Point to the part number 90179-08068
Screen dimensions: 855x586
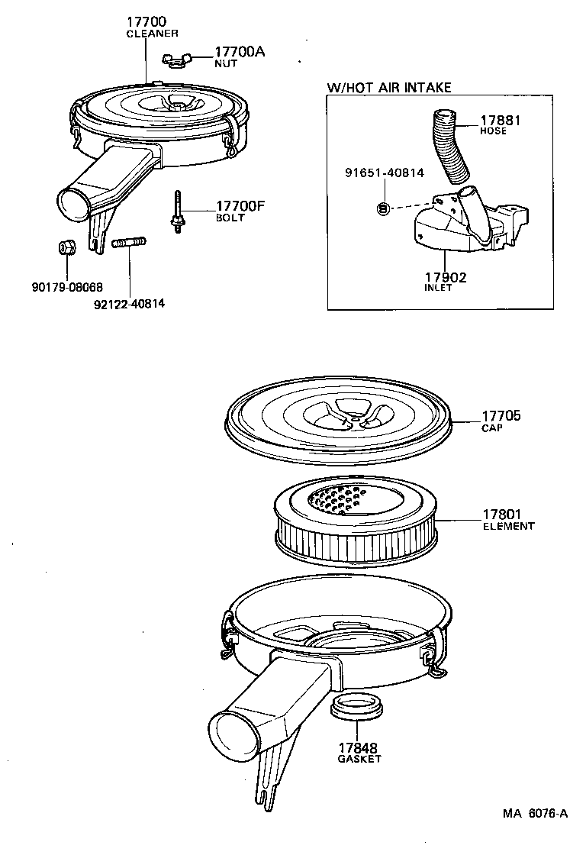tap(65, 288)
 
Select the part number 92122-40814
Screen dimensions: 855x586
tap(130, 303)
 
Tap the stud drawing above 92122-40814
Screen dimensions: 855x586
tap(129, 244)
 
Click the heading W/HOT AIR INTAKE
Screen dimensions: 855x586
tap(389, 88)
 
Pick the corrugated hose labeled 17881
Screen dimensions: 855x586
tap(450, 145)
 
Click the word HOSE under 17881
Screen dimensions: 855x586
tap(493, 131)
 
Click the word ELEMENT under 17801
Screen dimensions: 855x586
tap(508, 526)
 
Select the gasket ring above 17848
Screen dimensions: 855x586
tap(356, 706)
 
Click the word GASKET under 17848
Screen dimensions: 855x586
tap(359, 759)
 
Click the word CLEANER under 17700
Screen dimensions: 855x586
tap(152, 34)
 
